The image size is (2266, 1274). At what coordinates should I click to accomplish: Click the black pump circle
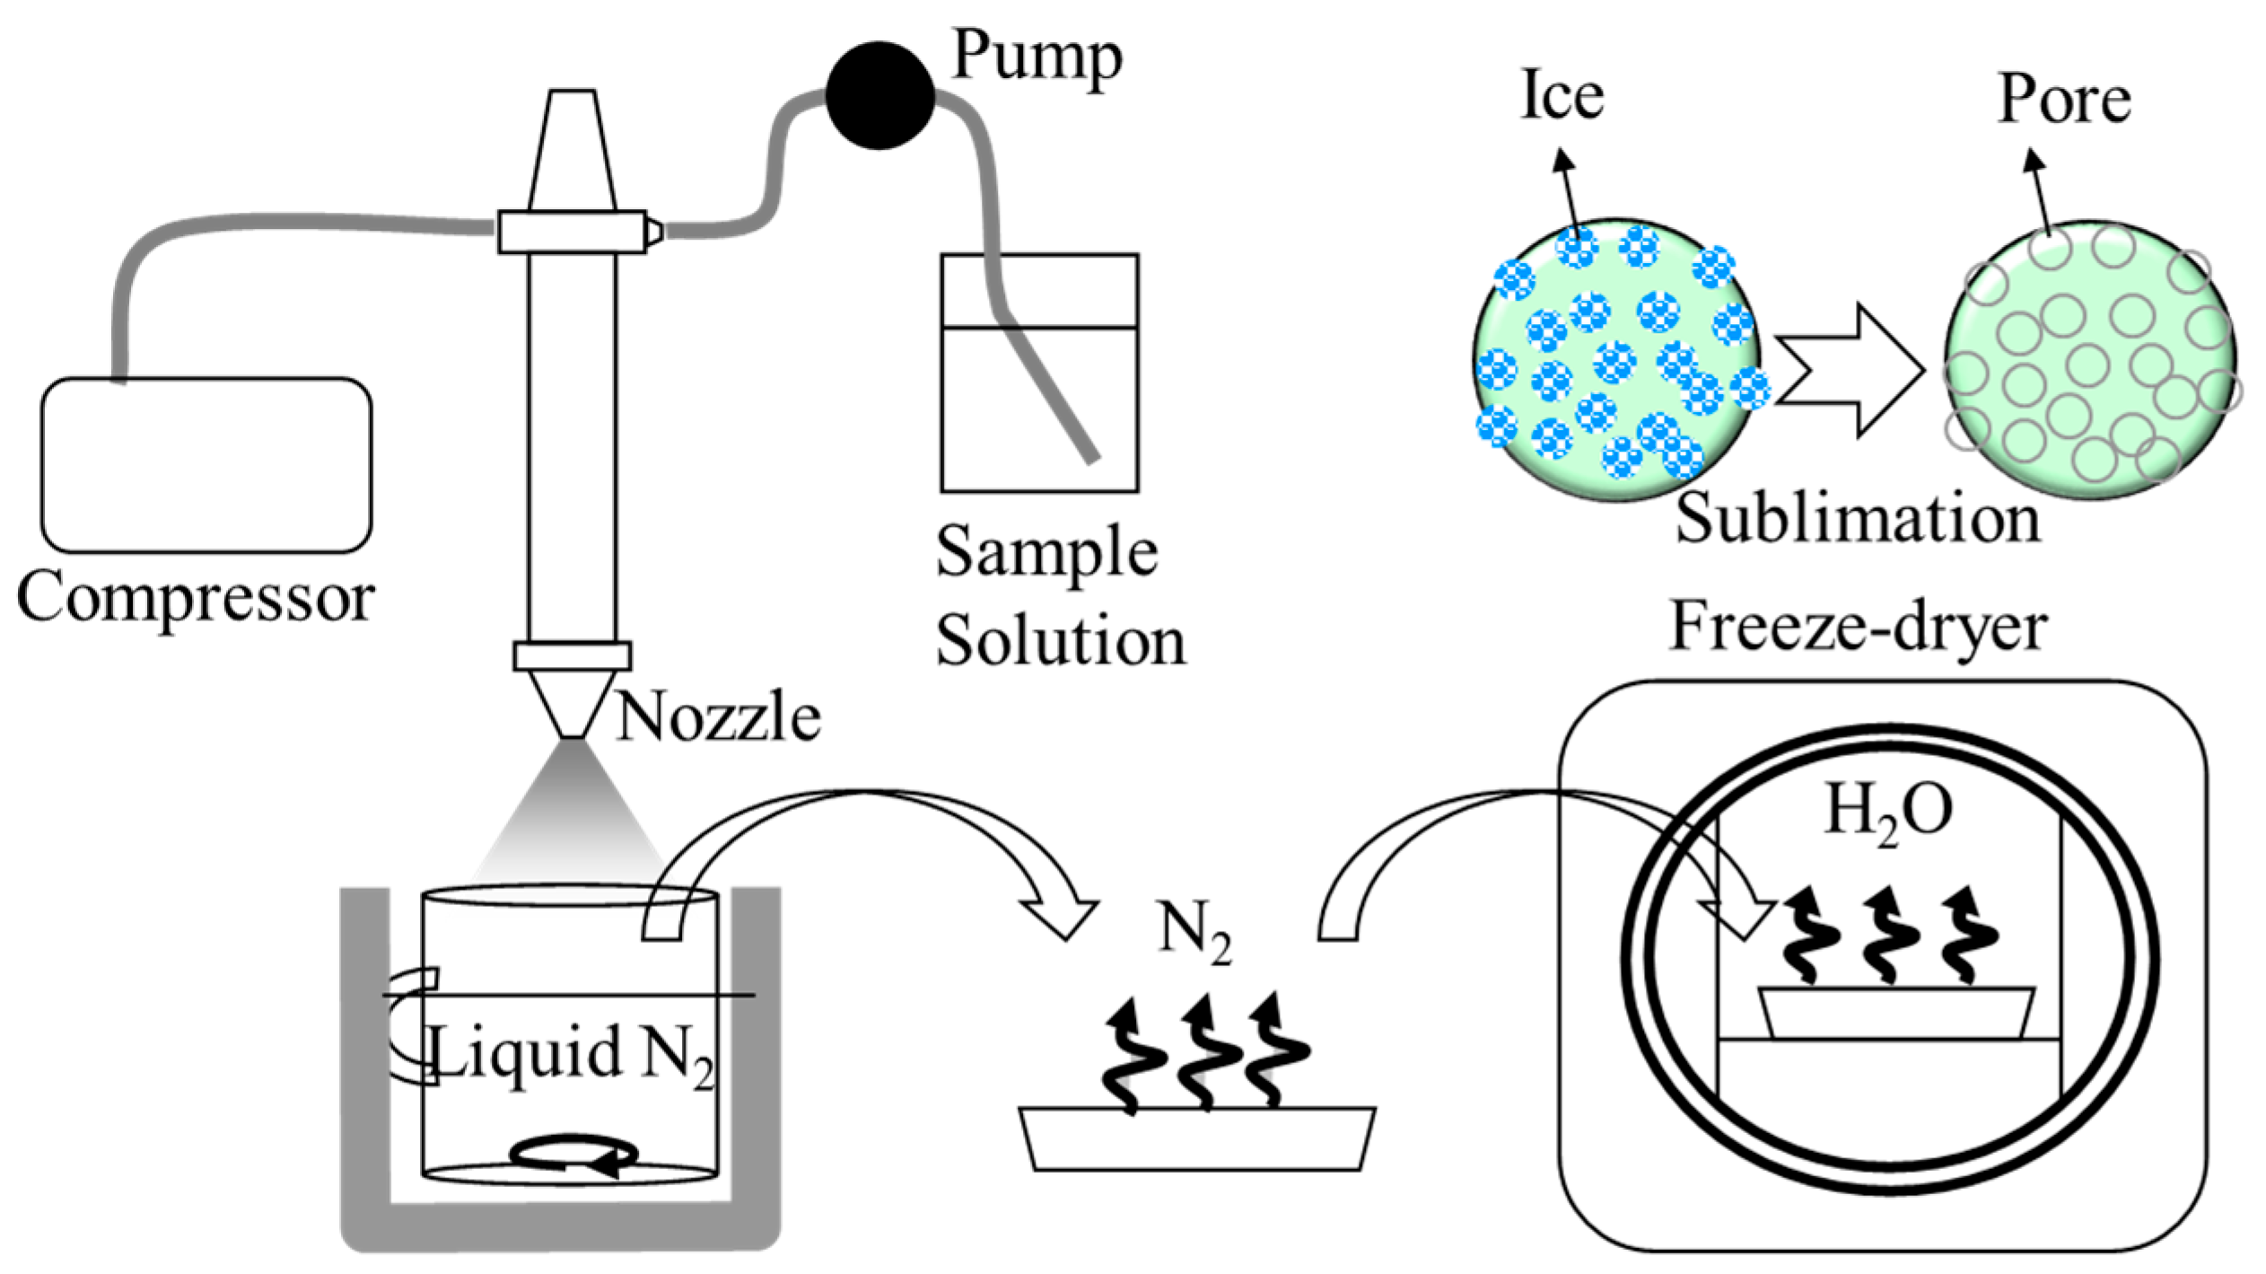pos(879,95)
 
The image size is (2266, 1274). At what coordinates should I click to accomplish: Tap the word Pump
pos(1037,56)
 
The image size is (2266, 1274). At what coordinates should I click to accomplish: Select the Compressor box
pos(206,464)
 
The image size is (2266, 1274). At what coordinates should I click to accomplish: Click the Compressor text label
pos(196,597)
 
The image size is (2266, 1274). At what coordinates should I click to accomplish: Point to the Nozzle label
pos(718,717)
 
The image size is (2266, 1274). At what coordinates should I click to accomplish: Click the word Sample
pos(1046,551)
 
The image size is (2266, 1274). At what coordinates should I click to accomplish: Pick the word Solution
pos(1060,641)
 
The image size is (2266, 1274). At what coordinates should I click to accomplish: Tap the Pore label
pos(2064,99)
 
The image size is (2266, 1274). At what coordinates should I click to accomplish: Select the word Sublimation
pos(1858,519)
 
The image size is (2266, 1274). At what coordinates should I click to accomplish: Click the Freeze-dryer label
pos(1858,626)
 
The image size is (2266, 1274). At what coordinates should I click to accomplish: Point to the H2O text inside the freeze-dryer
pos(1888,813)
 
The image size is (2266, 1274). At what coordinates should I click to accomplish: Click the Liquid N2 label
pos(572,1053)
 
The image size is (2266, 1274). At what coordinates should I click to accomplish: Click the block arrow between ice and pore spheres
pos(1849,370)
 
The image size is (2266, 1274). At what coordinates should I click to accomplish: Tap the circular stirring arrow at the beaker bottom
pos(573,1155)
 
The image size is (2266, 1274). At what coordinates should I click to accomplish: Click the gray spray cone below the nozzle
pos(570,822)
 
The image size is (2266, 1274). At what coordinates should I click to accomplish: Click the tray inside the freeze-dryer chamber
pos(1896,1013)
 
